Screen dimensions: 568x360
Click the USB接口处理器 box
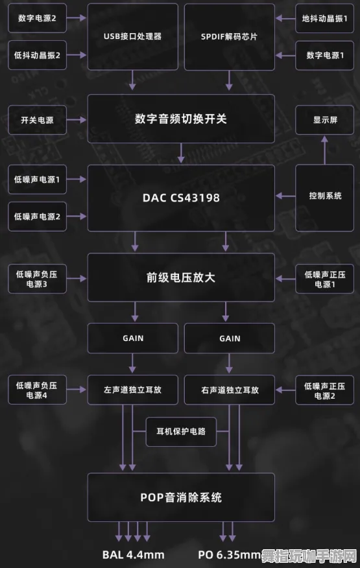[x=132, y=36]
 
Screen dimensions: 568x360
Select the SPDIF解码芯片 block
[x=229, y=36]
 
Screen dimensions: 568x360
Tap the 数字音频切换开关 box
[x=181, y=119]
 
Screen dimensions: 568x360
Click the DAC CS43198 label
[x=181, y=198]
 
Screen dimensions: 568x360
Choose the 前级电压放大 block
[x=181, y=278]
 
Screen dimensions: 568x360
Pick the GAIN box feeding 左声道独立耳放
[x=132, y=338]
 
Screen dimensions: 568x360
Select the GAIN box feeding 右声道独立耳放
[x=229, y=338]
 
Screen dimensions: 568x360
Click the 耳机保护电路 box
[x=181, y=431]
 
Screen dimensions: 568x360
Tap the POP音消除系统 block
[x=181, y=497]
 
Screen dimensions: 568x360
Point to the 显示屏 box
[x=325, y=120]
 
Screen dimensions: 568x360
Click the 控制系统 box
[x=325, y=196]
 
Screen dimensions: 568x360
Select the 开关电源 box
[x=37, y=120]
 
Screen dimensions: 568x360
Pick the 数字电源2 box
[x=37, y=19]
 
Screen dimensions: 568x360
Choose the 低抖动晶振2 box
[x=37, y=56]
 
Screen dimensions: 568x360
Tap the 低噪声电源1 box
[x=37, y=180]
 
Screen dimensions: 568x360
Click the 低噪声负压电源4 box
[x=37, y=390]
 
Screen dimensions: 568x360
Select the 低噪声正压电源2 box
[x=325, y=390]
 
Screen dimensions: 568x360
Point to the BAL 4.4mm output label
[x=133, y=555]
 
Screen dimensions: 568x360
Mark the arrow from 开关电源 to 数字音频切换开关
[x=77, y=120]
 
